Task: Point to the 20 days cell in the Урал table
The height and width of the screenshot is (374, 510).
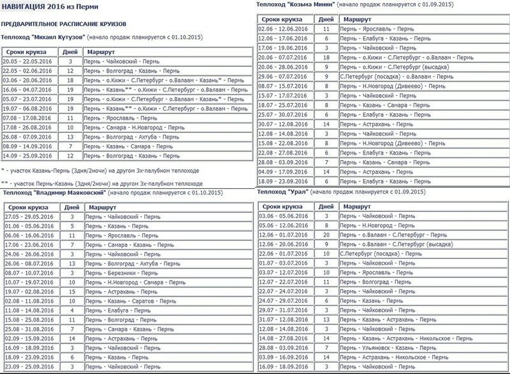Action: [x=326, y=235]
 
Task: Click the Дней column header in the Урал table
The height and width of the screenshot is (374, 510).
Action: [x=326, y=206]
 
